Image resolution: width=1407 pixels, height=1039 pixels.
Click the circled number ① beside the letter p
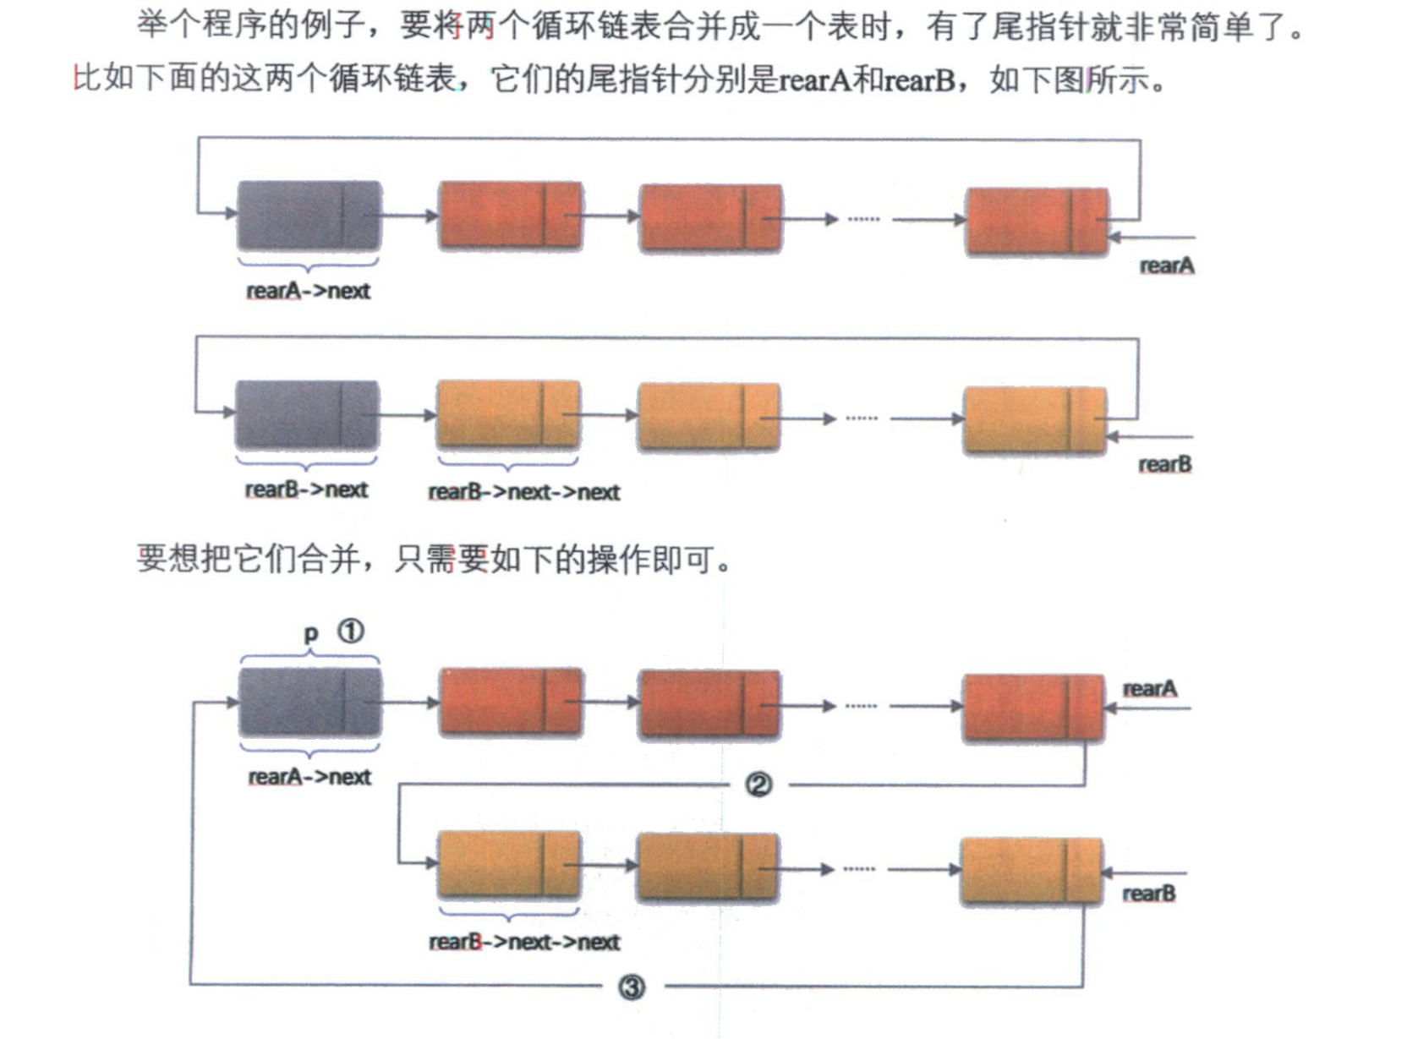coord(351,632)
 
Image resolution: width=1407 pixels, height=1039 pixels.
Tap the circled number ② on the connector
coord(758,785)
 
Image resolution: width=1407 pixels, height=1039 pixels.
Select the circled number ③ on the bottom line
coord(632,987)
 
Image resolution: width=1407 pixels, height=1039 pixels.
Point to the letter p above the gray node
coord(310,633)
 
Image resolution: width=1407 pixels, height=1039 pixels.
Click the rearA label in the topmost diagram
coord(1167,265)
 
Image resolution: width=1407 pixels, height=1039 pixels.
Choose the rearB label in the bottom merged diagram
coord(1148,894)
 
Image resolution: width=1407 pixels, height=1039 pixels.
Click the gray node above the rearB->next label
coord(306,414)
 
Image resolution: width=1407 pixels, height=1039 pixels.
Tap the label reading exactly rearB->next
coord(306,489)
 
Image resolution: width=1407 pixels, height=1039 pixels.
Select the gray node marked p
coord(309,702)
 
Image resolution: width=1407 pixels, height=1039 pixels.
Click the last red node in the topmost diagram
coord(1037,221)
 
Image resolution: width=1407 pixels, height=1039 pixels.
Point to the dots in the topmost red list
coord(863,219)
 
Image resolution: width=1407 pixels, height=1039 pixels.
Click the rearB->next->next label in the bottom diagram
coord(524,942)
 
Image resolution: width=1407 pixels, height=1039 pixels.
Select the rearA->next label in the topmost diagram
coord(308,291)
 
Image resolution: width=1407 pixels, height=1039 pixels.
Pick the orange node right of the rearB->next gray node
coord(508,414)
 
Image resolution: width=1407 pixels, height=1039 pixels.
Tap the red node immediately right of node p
coord(511,702)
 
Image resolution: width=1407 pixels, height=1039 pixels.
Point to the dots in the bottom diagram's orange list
coord(859,869)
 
